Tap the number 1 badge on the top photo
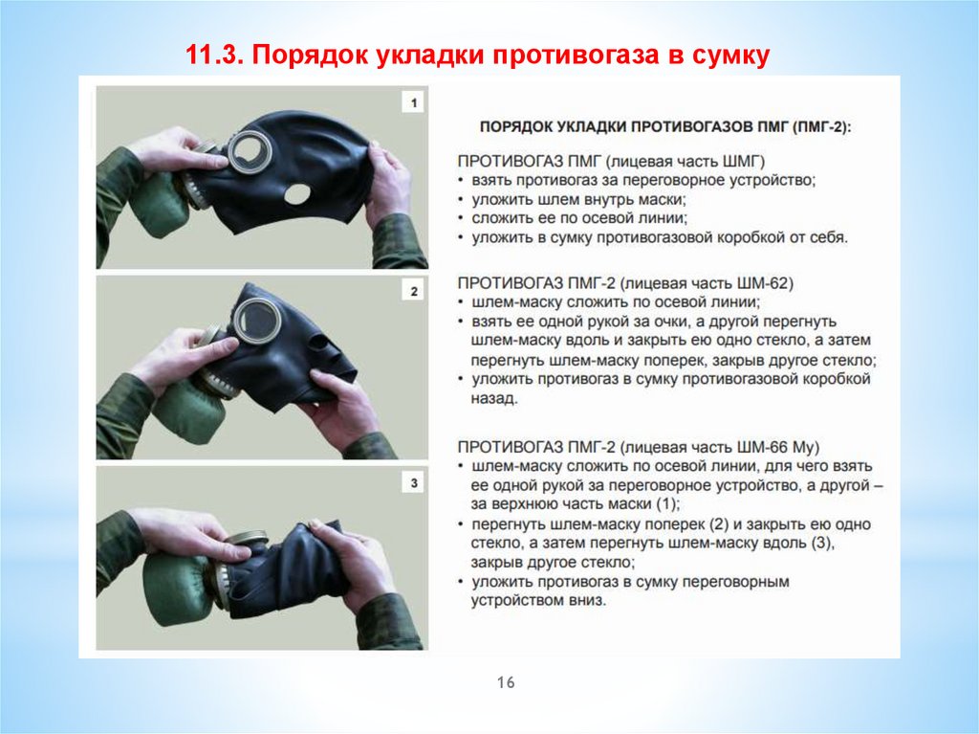tap(413, 103)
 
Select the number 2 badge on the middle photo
tap(413, 291)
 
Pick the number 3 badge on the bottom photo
tap(413, 482)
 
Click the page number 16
tap(506, 682)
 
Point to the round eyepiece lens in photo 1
tap(250, 150)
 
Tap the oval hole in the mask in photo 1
tap(297, 194)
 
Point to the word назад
tap(493, 398)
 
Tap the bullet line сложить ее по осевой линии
tap(579, 218)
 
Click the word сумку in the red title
tap(730, 55)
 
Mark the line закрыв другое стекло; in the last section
tap(553, 562)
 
